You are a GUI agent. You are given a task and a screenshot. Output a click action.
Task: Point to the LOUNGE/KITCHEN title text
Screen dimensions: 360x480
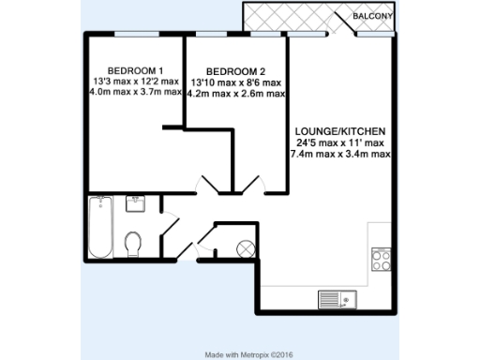[340, 129]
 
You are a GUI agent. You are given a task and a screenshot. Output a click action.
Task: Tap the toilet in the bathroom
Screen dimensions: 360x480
[133, 245]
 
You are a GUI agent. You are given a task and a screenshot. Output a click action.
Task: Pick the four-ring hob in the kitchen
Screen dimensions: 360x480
[381, 259]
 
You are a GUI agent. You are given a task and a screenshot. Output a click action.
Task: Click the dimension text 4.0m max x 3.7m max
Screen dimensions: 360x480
[136, 93]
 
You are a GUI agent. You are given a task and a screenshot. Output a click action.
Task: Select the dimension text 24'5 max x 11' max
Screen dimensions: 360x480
[340, 142]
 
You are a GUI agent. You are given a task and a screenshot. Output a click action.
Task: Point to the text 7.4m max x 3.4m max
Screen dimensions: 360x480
[340, 153]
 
